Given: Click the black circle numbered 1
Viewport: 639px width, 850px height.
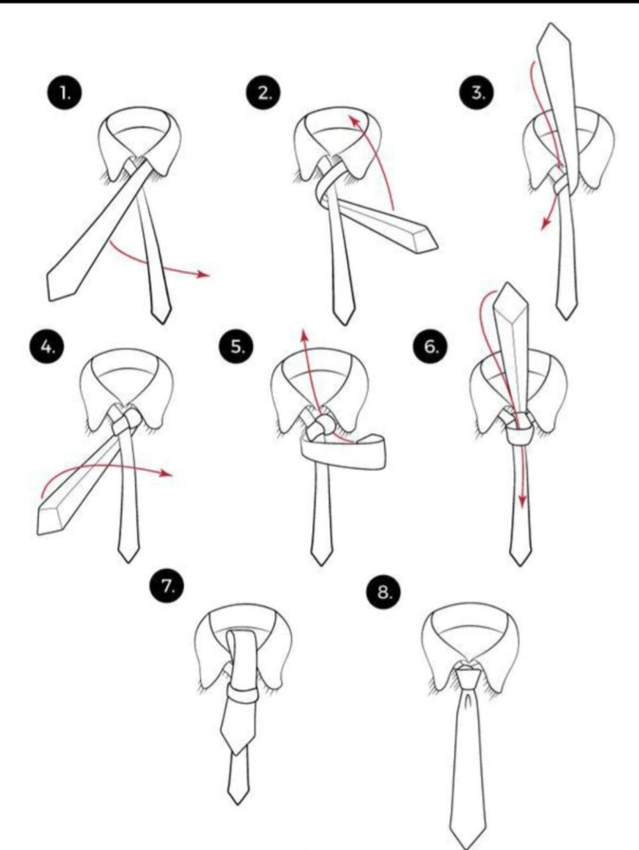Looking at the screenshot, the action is (64, 93).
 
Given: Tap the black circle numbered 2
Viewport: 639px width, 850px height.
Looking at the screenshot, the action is (264, 93).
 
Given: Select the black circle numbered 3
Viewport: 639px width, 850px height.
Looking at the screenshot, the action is (476, 93).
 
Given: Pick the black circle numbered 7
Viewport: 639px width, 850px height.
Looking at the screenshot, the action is (167, 588).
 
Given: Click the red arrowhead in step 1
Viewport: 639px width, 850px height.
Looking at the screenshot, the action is (203, 274).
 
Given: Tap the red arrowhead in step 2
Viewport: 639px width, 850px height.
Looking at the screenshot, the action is (354, 121).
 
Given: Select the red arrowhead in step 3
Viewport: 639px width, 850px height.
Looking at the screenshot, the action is (546, 223).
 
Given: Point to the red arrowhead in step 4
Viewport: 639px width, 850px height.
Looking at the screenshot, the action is (167, 473).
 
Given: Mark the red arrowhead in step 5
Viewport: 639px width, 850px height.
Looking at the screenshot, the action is (304, 336).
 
